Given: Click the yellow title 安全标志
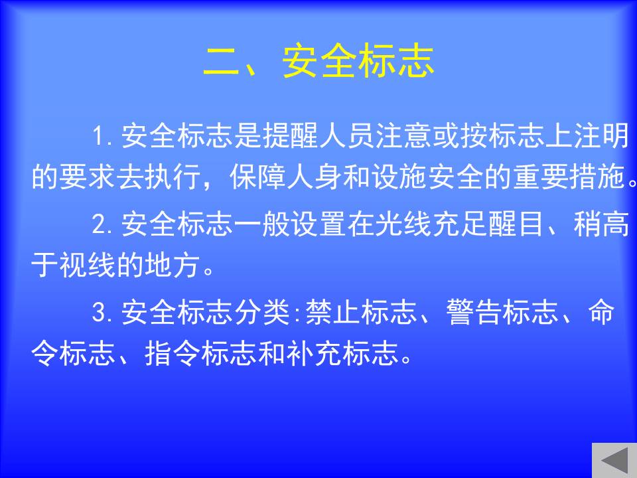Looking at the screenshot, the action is [358, 61].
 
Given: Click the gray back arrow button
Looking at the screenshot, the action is [614, 460].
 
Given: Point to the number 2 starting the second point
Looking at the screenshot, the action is [99, 224].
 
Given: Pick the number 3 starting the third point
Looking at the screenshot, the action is [99, 312].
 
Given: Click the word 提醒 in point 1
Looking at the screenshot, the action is [290, 135].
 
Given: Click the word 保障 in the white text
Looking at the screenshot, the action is [257, 177].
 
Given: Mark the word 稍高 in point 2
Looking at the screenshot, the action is [601, 224].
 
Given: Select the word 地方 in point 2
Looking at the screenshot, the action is [173, 266].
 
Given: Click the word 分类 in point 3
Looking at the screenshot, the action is [261, 312].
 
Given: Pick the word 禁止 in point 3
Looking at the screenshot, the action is [332, 312].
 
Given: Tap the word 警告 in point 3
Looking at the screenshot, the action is [474, 312].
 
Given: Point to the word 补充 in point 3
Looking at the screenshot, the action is [314, 353].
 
